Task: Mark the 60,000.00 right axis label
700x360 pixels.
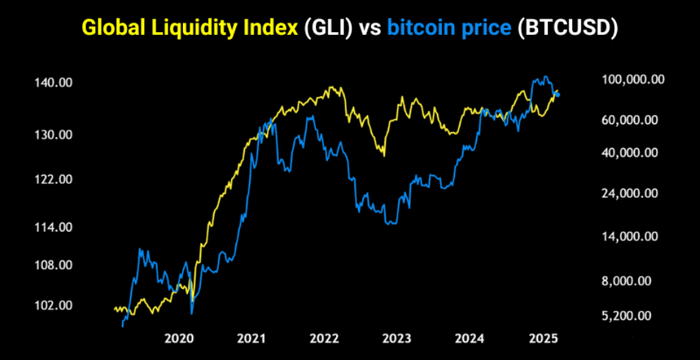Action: click(x=631, y=120)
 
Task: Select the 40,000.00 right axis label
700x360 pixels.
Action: click(x=631, y=153)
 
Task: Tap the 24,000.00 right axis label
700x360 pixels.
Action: click(x=631, y=193)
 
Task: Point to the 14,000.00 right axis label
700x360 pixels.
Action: click(x=631, y=236)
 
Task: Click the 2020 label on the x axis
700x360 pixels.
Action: click(x=179, y=338)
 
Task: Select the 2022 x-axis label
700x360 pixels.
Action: click(x=324, y=338)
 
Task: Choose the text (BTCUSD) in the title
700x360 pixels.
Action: click(x=567, y=28)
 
